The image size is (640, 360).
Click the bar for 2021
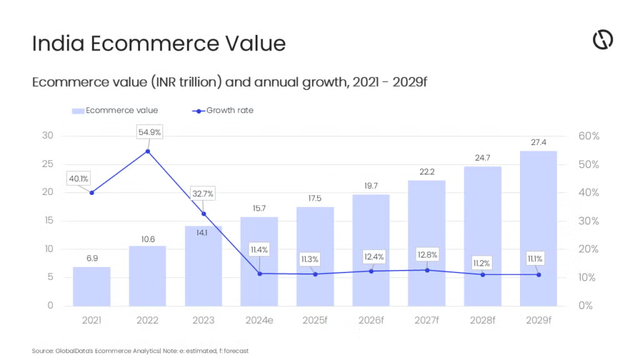[x=91, y=286]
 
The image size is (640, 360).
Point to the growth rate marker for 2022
[x=147, y=151]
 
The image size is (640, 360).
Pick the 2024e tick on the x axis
[x=259, y=321]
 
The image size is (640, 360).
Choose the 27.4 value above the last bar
[x=538, y=142]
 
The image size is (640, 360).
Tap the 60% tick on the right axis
[x=588, y=136]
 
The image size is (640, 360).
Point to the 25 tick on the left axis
[x=47, y=164]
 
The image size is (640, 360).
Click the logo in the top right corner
[x=602, y=40]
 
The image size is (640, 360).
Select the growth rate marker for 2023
[x=204, y=214]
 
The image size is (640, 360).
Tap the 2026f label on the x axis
[x=371, y=321]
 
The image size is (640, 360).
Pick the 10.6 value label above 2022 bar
[x=147, y=237]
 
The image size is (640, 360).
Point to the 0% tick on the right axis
[x=586, y=306]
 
